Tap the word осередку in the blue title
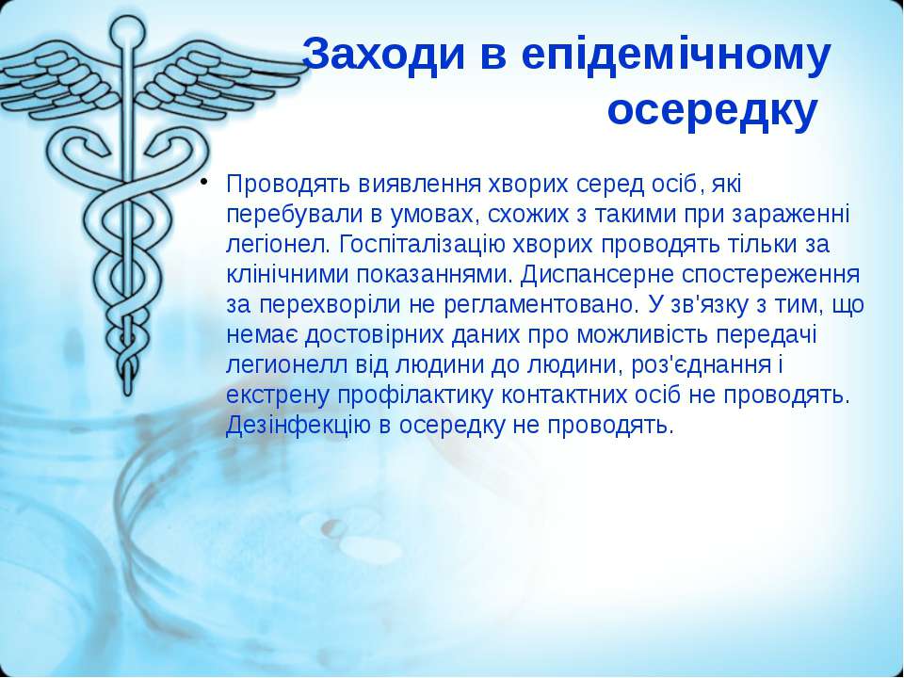pyautogui.click(x=713, y=111)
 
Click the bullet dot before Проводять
pyautogui.click(x=204, y=184)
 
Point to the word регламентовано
pyautogui.click(x=539, y=305)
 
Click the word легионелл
pyautogui.click(x=286, y=365)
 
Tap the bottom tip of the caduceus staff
pyautogui.click(x=128, y=395)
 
